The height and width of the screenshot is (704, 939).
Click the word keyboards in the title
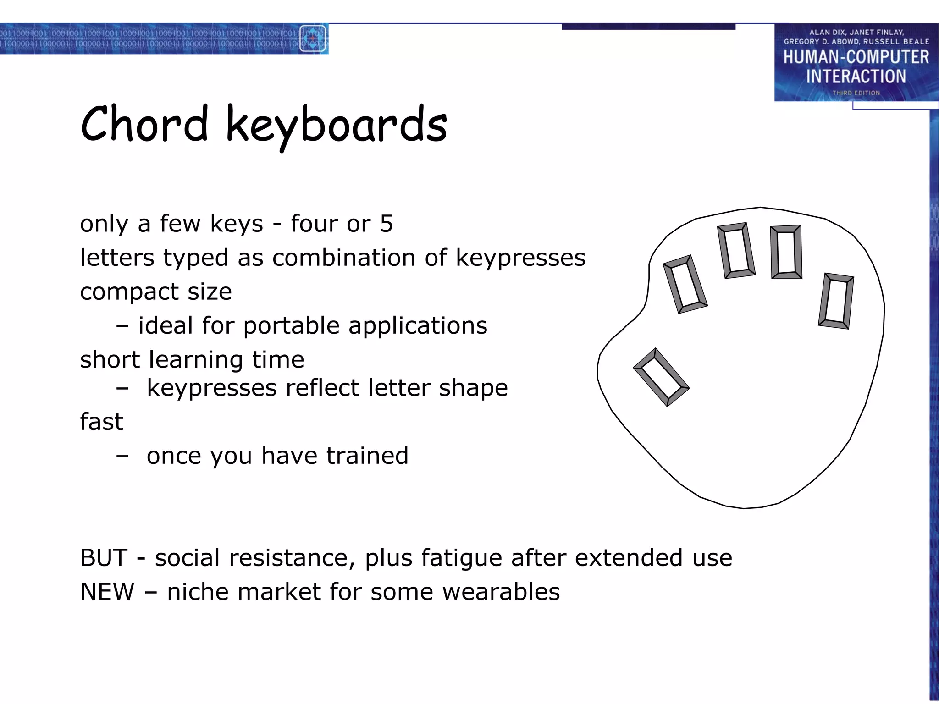tap(336, 126)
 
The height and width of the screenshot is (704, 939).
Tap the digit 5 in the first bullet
tap(387, 224)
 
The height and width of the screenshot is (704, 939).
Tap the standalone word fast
tap(101, 422)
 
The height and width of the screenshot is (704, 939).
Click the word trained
tap(367, 456)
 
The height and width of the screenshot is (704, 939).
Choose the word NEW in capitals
tap(107, 592)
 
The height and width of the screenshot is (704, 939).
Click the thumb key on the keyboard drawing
tap(661, 377)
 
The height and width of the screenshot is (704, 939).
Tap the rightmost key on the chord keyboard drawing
tap(836, 301)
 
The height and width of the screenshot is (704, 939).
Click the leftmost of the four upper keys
tap(685, 285)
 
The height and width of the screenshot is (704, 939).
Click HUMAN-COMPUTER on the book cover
tap(856, 57)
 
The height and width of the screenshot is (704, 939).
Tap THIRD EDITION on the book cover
tap(856, 93)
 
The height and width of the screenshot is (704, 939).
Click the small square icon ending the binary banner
tap(313, 39)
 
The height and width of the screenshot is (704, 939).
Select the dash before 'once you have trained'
tap(122, 456)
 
